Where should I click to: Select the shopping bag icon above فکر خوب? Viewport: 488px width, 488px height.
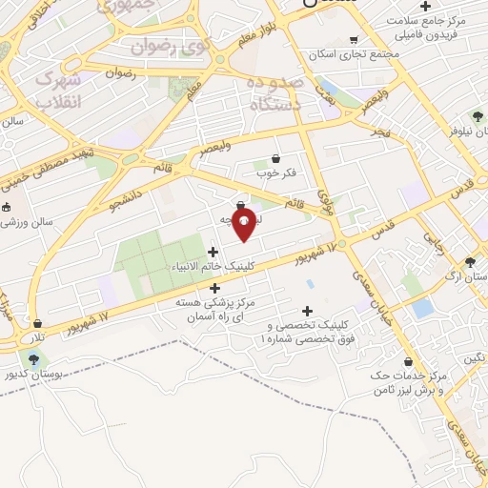click(x=275, y=158)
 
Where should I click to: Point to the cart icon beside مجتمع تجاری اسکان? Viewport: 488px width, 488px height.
click(x=354, y=40)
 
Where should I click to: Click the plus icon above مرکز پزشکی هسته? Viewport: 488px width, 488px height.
click(x=214, y=288)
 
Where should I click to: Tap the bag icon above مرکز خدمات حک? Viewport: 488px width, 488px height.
click(x=408, y=362)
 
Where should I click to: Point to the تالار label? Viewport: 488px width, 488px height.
click(x=36, y=338)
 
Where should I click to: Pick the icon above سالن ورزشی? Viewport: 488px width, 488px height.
click(x=7, y=207)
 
